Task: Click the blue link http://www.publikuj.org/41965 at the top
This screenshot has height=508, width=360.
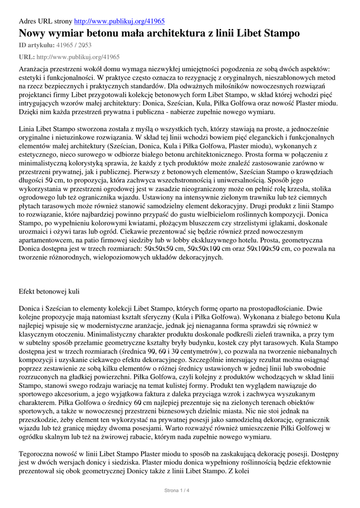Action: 119,21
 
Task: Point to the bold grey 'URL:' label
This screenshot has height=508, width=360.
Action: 26,57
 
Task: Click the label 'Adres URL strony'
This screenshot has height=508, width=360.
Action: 45,21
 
